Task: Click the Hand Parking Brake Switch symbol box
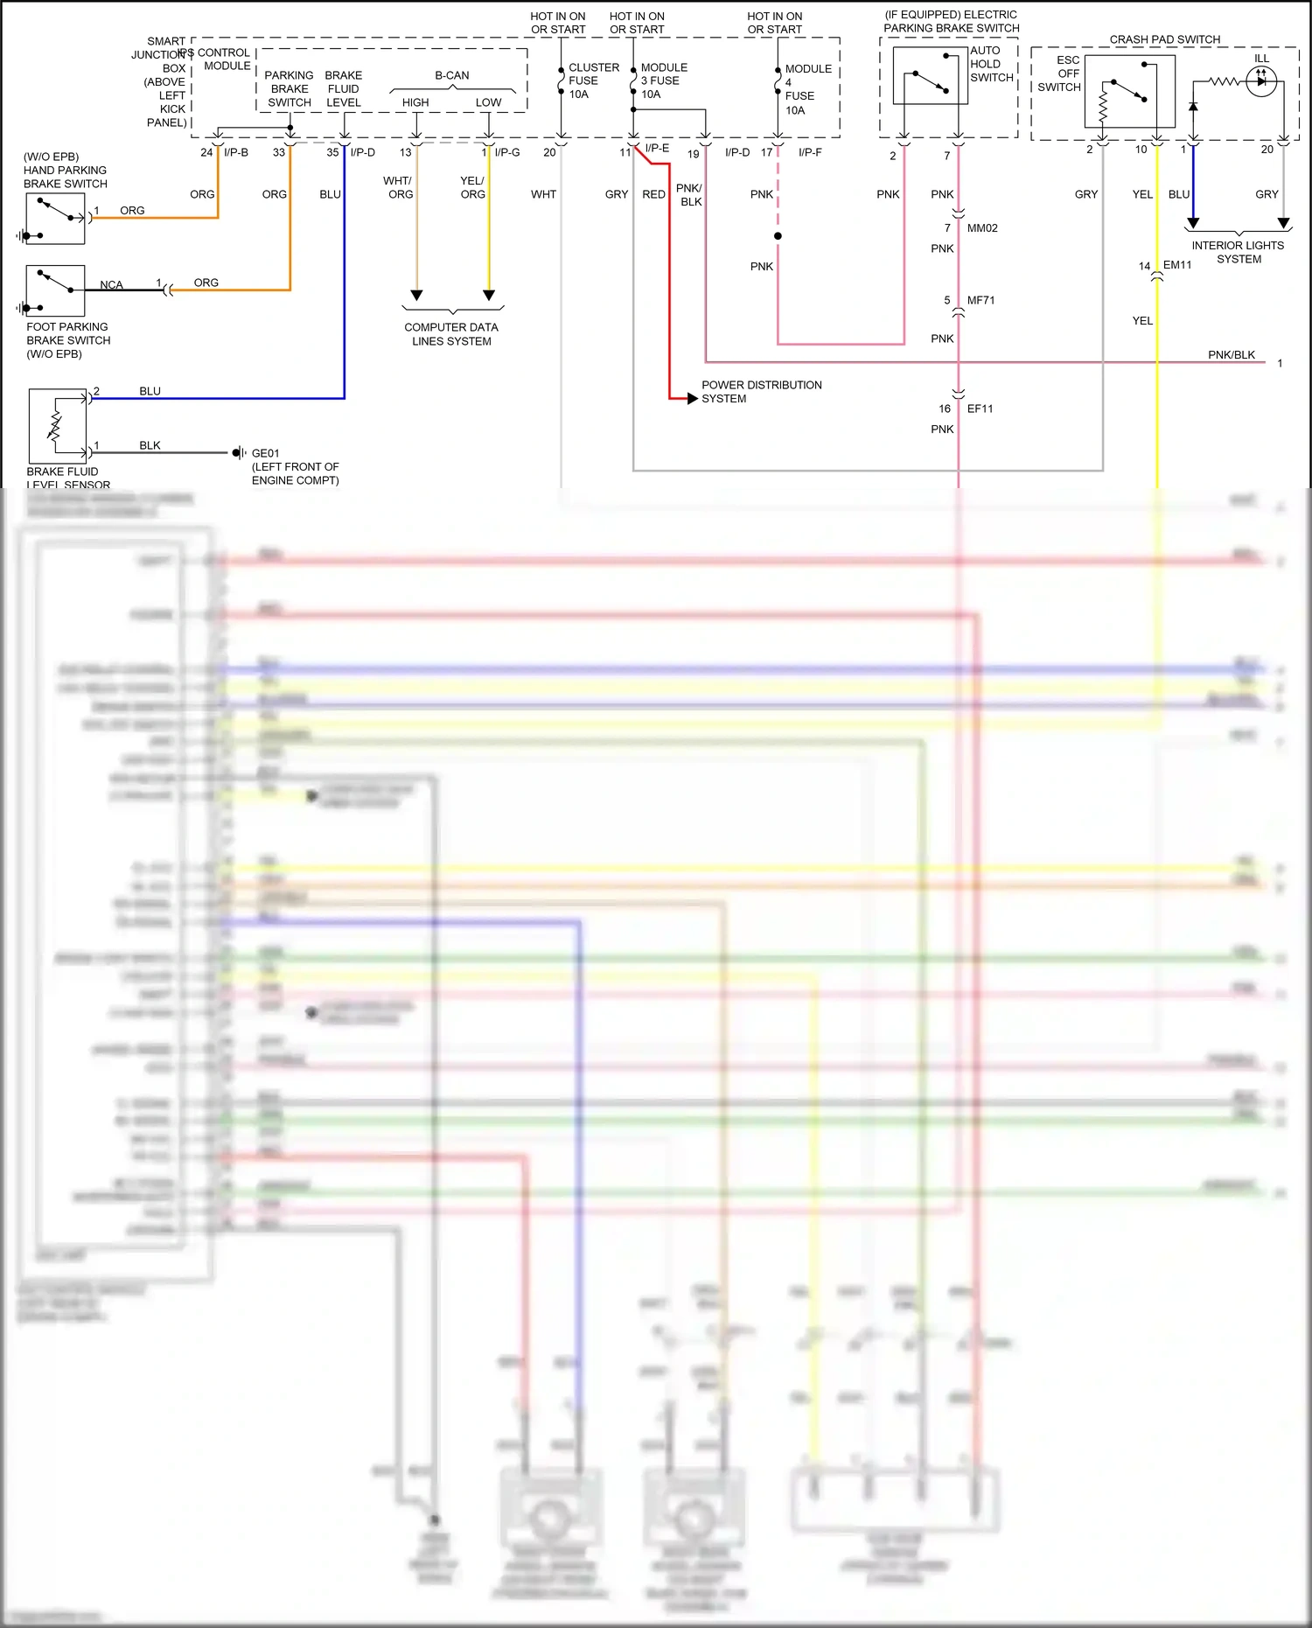tap(55, 219)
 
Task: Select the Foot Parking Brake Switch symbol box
tap(55, 290)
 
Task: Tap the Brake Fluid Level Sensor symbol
tap(58, 426)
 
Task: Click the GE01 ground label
tap(265, 453)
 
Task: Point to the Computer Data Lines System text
tap(451, 334)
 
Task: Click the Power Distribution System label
tap(761, 391)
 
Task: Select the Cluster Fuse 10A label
tap(593, 80)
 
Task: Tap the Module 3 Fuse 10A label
tap(664, 80)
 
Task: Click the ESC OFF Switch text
tap(1060, 73)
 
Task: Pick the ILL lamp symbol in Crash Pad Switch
tap(1260, 81)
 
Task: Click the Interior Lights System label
tap(1238, 252)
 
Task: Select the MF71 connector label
tap(981, 300)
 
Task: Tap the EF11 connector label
tap(980, 409)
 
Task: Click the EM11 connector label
tap(1177, 265)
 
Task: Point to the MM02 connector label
tap(982, 228)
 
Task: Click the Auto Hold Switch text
tap(991, 64)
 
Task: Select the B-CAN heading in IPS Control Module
tap(451, 75)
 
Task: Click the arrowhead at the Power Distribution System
tap(692, 398)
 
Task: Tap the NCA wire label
tap(111, 285)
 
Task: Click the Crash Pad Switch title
tap(1164, 39)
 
